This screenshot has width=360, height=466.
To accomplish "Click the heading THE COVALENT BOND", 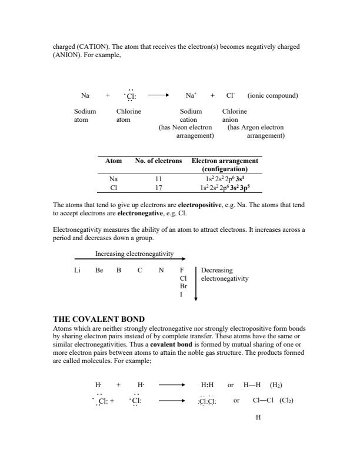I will [x=99, y=319].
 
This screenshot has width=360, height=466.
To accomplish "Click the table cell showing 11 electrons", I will [x=158, y=179].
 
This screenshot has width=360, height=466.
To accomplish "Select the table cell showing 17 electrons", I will [x=158, y=188].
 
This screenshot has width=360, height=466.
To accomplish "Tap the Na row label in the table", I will [x=114, y=179].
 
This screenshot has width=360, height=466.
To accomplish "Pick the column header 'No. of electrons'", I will [x=158, y=161].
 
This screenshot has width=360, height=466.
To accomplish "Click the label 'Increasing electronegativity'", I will [x=134, y=254].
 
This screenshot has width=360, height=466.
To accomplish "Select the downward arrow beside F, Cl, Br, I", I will [x=196, y=283].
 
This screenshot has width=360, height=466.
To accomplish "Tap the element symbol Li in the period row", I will [x=77, y=271].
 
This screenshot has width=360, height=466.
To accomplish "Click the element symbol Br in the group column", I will [x=183, y=286].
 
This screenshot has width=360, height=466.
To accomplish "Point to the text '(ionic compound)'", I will [x=273, y=95].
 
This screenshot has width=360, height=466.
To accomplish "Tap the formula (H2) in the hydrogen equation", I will [x=276, y=385].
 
